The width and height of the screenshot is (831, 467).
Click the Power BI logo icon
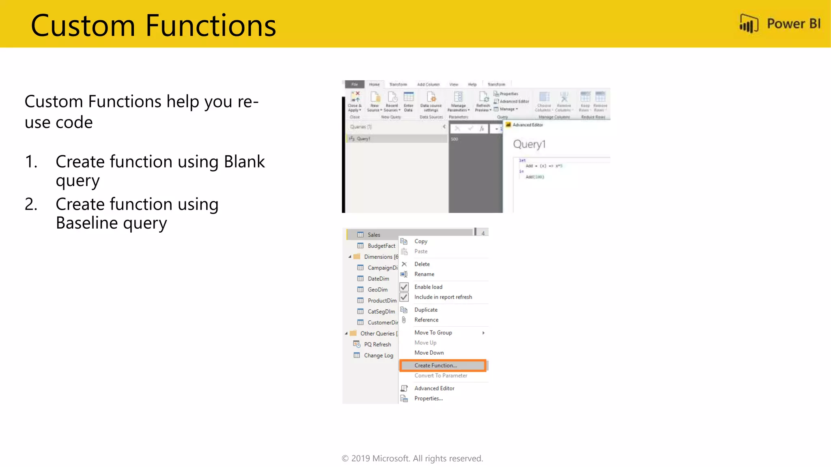pos(748,24)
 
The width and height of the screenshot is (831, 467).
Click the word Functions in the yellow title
pos(211,26)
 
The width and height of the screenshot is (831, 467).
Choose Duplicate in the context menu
pos(426,310)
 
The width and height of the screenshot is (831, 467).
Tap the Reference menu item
pos(426,320)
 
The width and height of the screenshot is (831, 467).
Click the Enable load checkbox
pos(404,287)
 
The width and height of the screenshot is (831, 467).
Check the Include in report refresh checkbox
pos(404,297)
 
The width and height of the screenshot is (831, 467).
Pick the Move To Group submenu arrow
pos(483,333)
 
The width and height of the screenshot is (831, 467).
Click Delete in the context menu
pos(422,264)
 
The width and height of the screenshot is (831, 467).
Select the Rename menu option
pos(424,274)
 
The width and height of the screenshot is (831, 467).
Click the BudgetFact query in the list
pos(381,246)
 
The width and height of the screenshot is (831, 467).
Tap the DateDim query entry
pos(378,278)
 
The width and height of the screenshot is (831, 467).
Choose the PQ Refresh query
pos(377,344)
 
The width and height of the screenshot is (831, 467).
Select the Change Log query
pos(378,355)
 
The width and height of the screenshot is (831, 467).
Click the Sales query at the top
pos(374,235)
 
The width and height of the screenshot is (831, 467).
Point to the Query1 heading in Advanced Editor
pos(529,144)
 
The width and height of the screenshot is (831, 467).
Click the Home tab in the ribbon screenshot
pos(374,84)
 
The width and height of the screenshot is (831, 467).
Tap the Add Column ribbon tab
pos(428,84)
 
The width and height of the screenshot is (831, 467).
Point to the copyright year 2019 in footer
pos(360,458)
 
